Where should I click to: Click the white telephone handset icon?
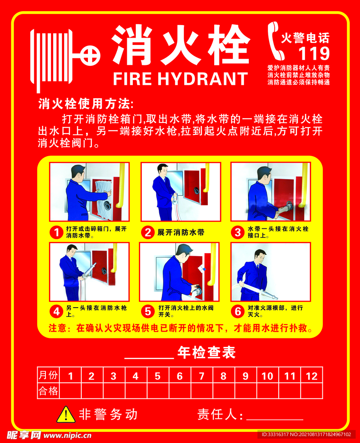[x=275, y=42]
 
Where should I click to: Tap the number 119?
[x=314, y=54]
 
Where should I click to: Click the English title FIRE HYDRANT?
[x=180, y=79]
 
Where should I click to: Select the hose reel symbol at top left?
[x=61, y=56]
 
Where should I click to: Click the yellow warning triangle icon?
[x=66, y=414]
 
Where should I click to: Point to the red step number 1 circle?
[x=56, y=232]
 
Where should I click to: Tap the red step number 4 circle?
[x=56, y=311]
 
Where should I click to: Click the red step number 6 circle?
[x=238, y=311]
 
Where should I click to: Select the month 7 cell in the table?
[x=202, y=376]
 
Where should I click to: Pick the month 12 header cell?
[x=312, y=376]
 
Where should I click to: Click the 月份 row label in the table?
[x=48, y=376]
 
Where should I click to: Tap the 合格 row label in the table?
[x=48, y=391]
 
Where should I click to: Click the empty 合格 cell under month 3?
[x=113, y=391]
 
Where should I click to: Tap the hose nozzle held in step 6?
[x=270, y=296]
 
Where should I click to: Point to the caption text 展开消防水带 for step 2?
[x=181, y=232]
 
